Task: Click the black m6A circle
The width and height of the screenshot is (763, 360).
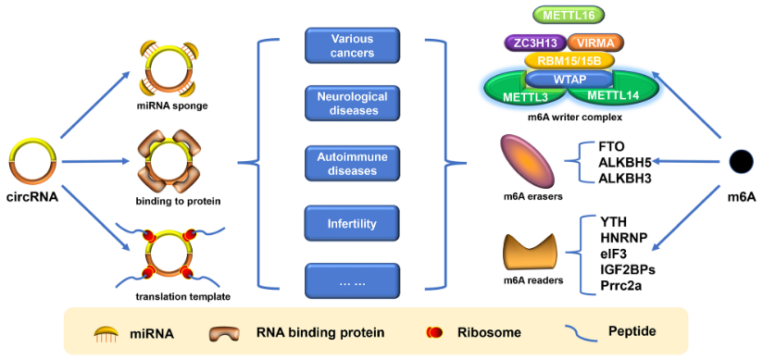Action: pyautogui.click(x=740, y=161)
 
